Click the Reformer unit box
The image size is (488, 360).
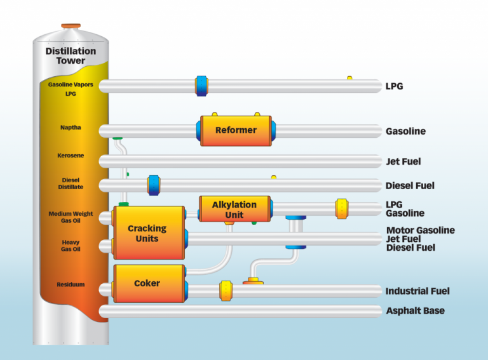pyautogui.click(x=236, y=131)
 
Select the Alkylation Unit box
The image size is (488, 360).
pyautogui.click(x=234, y=209)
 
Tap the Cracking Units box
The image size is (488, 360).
pyautogui.click(x=147, y=233)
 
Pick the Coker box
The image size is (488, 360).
pyautogui.click(x=147, y=283)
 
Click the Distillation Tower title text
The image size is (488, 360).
pyautogui.click(x=71, y=56)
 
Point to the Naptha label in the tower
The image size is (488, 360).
pyautogui.click(x=71, y=128)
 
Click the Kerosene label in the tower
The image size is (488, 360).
pyautogui.click(x=71, y=156)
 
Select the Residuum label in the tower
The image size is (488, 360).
pyautogui.click(x=71, y=285)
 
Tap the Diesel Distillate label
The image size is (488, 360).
pyautogui.click(x=71, y=183)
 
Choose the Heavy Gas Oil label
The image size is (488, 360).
pyautogui.click(x=71, y=246)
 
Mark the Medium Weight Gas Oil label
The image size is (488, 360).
pyautogui.click(x=71, y=218)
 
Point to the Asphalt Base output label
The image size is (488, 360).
pyautogui.click(x=415, y=311)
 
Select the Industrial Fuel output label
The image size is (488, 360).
pyautogui.click(x=417, y=291)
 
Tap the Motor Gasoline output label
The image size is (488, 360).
pyautogui.click(x=421, y=230)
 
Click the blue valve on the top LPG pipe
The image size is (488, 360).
pyautogui.click(x=201, y=86)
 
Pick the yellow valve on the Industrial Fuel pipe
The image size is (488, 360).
pyautogui.click(x=225, y=291)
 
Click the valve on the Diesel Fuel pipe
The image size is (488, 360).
pyautogui.click(x=153, y=185)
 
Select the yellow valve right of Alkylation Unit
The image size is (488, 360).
pyautogui.click(x=342, y=209)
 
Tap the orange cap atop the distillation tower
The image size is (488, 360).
pyautogui.click(x=71, y=26)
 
